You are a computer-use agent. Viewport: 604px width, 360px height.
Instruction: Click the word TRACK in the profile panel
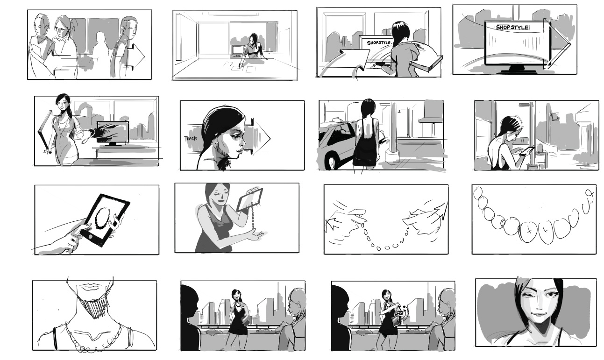(x=191, y=138)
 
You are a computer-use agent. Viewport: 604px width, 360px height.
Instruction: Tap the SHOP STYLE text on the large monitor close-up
(x=512, y=27)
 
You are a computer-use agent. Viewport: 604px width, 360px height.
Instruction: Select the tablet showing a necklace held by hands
(x=106, y=220)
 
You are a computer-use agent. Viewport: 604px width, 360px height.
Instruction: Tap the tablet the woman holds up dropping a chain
(x=249, y=200)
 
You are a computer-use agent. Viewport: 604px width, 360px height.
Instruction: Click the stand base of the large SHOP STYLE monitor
(x=518, y=71)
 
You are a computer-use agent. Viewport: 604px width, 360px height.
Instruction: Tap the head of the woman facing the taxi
(x=368, y=108)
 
